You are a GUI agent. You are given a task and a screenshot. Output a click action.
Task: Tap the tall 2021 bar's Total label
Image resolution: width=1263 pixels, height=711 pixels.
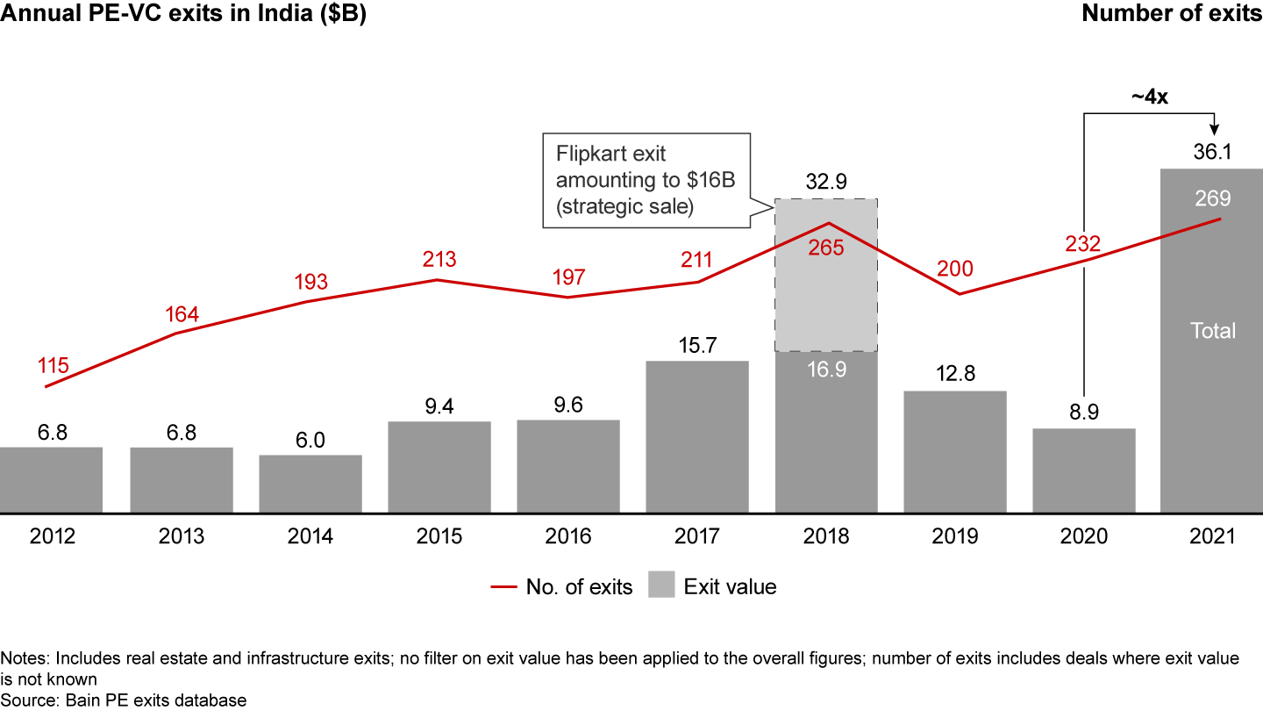point(1212,331)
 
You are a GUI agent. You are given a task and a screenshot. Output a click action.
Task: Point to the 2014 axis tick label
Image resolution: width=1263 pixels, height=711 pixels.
point(310,536)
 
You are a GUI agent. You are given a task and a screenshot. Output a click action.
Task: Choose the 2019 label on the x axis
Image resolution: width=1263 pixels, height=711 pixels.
point(955,536)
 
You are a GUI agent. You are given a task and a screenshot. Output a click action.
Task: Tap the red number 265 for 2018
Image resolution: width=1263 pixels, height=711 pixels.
point(826,248)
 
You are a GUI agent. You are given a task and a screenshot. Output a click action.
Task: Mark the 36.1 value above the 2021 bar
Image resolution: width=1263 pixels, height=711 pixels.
point(1212,151)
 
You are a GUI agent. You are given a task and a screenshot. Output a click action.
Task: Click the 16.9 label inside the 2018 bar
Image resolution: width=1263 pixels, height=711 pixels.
point(826,370)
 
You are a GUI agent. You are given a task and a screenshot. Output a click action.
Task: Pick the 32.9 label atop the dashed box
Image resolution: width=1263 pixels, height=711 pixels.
point(826,182)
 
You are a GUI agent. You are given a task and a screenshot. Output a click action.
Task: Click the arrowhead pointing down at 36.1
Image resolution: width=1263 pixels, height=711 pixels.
point(1212,130)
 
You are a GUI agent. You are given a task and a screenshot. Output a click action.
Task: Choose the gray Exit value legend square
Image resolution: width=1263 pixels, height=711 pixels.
point(661,586)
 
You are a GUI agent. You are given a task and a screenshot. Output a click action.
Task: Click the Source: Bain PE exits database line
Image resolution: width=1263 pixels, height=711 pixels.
point(124,700)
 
